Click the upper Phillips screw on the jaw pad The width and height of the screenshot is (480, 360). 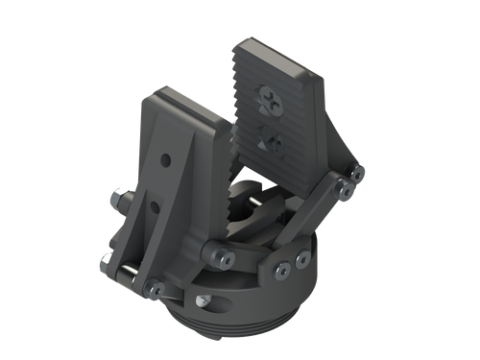click(268, 99)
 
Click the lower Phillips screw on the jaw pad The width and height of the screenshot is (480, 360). click(273, 141)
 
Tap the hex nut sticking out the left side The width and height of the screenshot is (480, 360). click(115, 200)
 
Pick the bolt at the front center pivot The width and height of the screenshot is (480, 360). click(222, 256)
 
